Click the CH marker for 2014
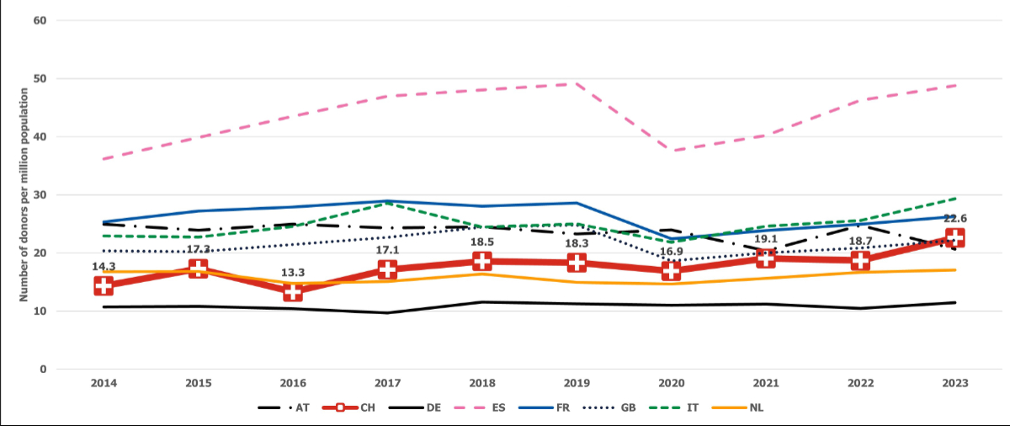click(104, 285)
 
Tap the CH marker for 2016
click(292, 291)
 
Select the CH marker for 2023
click(954, 237)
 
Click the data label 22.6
click(954, 219)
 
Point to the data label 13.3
click(292, 273)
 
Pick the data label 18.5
click(481, 242)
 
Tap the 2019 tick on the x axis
click(576, 383)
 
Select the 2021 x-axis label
click(765, 383)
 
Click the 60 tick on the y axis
click(40, 20)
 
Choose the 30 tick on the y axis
click(40, 194)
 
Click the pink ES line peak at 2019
click(576, 83)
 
